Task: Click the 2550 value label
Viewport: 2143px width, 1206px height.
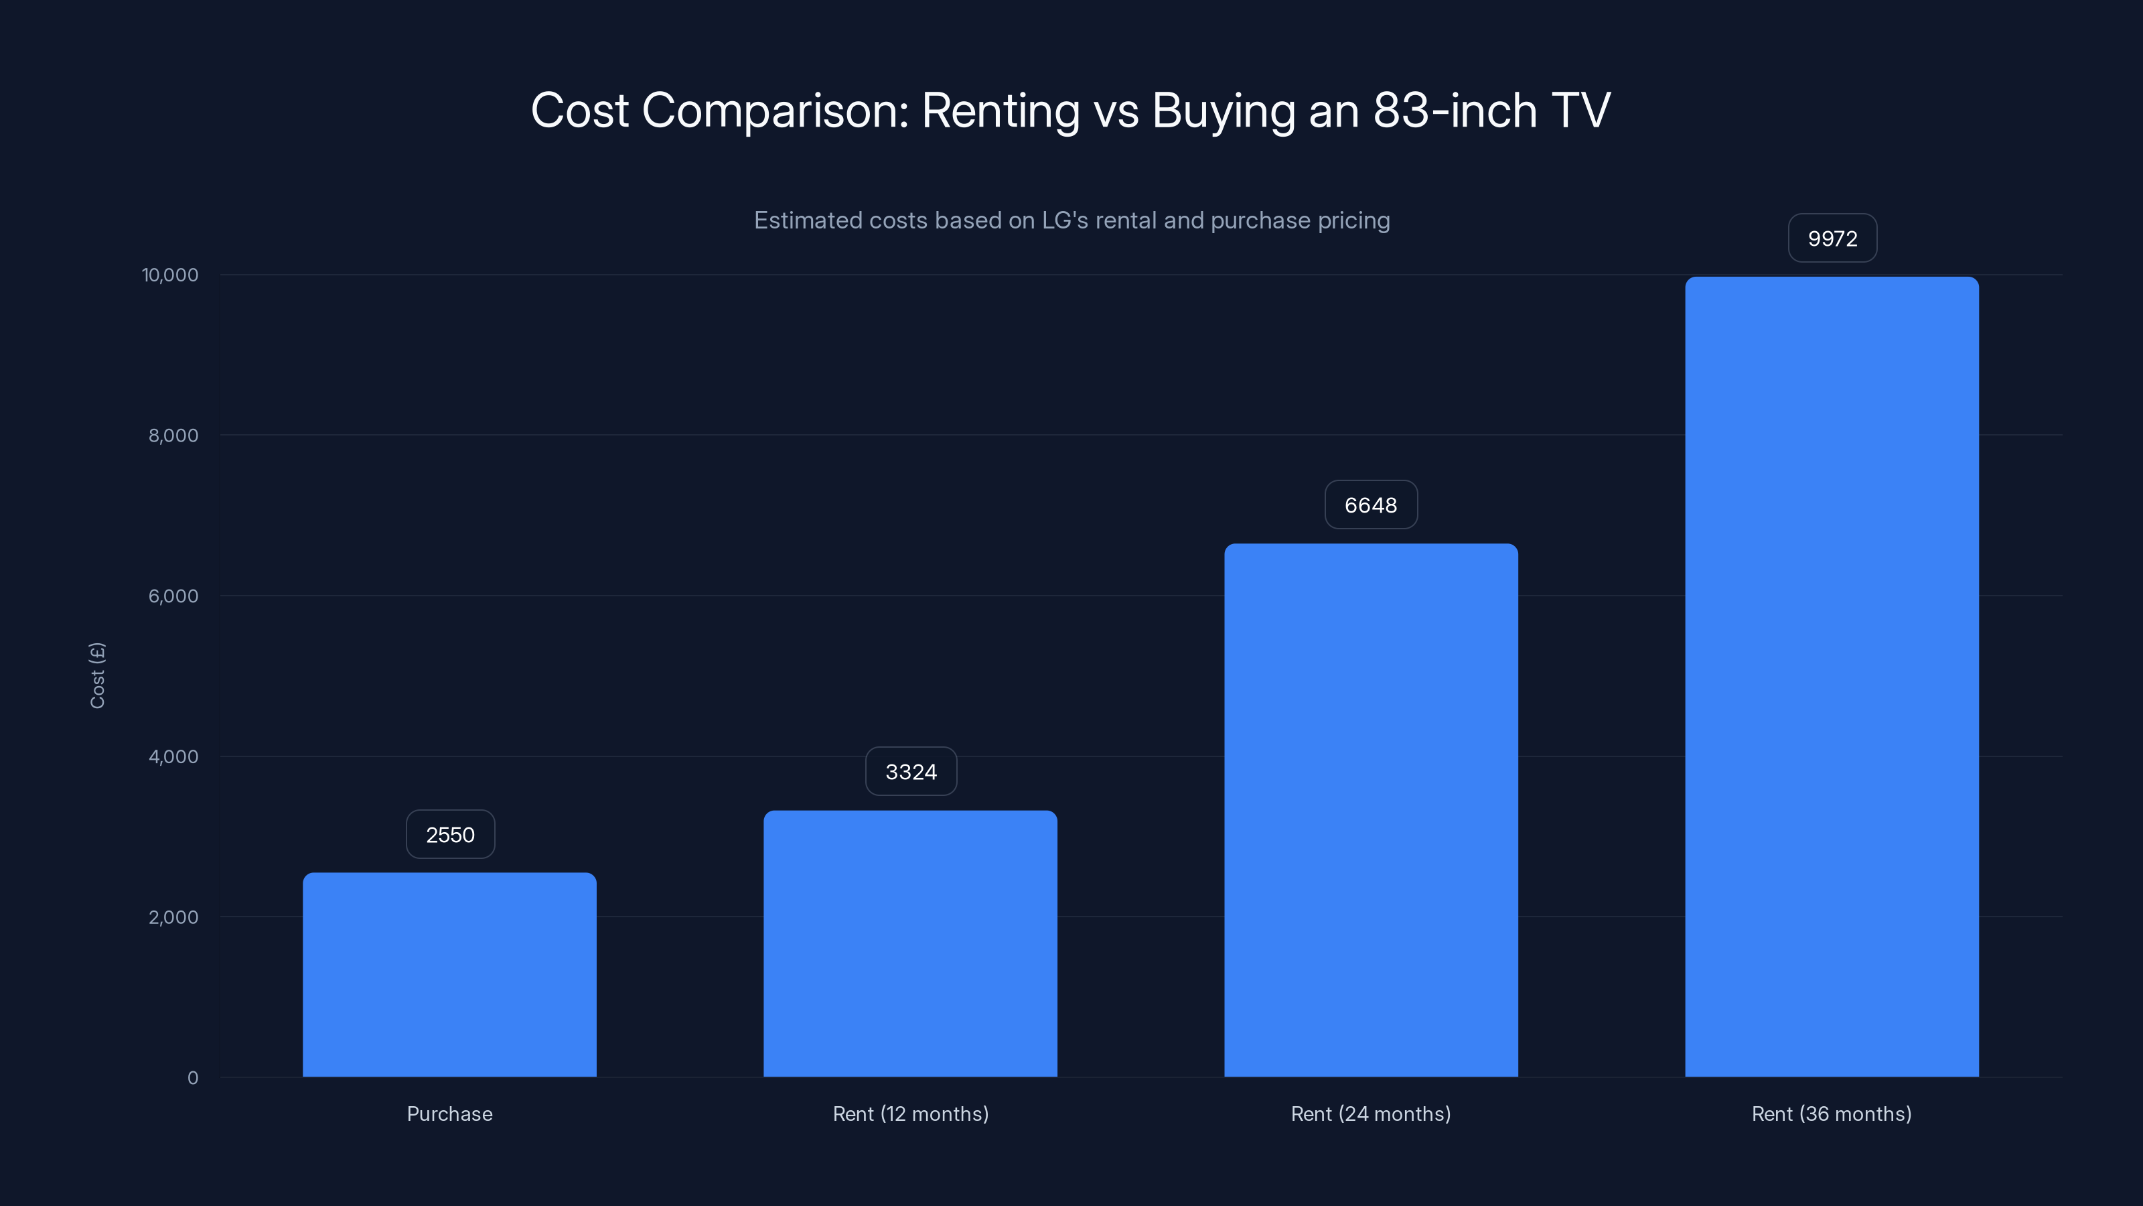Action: coord(450,835)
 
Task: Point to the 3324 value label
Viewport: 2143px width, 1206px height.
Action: coord(911,772)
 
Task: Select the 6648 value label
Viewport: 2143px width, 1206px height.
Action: coord(1371,505)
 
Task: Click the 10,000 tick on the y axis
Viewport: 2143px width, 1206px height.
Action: coord(171,275)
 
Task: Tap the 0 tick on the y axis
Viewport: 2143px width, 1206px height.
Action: coord(193,1078)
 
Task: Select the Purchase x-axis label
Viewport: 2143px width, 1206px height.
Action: coord(449,1114)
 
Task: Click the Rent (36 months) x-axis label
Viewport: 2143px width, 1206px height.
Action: coord(1832,1114)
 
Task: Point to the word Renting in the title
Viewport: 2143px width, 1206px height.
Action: coord(1000,111)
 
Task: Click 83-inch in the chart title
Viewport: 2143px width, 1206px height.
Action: coord(1454,111)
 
